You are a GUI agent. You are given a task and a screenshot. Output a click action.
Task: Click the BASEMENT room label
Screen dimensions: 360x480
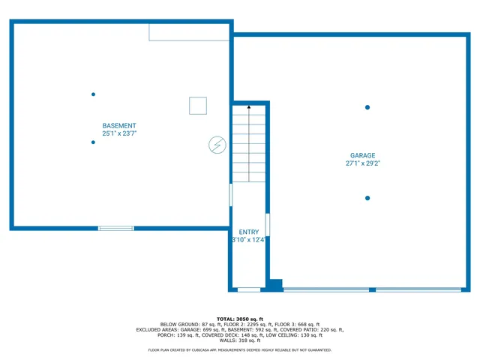tap(119, 125)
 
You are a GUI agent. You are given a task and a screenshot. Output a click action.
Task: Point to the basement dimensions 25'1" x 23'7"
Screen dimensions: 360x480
tap(119, 133)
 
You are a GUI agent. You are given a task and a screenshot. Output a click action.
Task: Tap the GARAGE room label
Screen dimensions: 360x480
tap(362, 156)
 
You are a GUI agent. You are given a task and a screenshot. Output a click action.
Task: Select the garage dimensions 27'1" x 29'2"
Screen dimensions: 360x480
tap(362, 163)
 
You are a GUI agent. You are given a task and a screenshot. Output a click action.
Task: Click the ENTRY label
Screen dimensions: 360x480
tap(248, 232)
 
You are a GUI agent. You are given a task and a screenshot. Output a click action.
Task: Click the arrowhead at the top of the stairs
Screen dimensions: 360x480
tap(249, 109)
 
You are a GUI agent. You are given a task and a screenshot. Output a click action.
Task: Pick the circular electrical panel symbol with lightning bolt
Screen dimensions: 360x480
tap(217, 145)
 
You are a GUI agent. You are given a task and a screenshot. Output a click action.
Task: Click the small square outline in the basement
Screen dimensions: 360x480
tap(198, 106)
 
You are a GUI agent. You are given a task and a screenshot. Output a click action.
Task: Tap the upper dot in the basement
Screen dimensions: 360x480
tap(93, 94)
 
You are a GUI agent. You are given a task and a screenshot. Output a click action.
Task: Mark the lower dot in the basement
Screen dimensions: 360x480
tap(93, 142)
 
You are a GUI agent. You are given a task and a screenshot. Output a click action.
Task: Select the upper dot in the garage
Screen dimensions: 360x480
tap(367, 107)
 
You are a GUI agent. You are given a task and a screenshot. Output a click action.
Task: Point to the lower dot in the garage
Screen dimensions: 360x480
tap(367, 198)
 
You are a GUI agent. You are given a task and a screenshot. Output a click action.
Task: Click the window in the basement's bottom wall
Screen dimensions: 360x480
tap(116, 228)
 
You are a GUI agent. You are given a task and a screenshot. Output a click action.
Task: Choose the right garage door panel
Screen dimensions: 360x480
tap(418, 289)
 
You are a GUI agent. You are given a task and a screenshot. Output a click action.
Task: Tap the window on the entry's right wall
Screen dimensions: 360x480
tap(268, 225)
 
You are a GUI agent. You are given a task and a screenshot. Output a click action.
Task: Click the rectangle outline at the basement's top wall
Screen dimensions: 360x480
tap(188, 31)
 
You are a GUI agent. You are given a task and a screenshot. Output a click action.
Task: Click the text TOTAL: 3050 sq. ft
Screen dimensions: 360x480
tap(240, 319)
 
